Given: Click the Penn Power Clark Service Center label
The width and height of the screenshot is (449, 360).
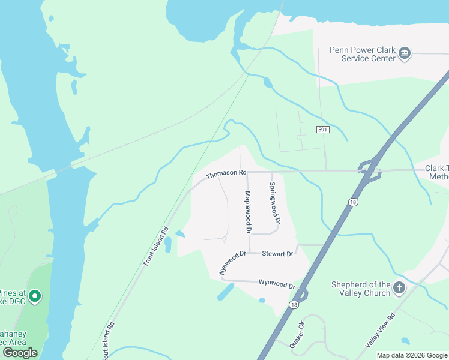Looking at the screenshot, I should [363, 54].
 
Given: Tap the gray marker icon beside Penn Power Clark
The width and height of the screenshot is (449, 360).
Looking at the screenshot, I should [405, 53].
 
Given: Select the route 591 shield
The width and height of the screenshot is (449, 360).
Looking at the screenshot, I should [322, 130].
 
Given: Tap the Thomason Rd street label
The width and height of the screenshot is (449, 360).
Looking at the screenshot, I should [226, 174].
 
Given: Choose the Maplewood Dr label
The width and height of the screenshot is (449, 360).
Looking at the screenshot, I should [247, 212].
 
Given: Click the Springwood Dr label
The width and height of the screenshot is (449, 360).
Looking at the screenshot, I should [273, 202].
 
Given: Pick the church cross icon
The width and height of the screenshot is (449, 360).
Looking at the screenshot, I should [399, 289].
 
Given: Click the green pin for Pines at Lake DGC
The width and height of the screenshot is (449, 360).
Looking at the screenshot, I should [35, 296].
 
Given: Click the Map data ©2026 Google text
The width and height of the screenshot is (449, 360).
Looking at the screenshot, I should [412, 355].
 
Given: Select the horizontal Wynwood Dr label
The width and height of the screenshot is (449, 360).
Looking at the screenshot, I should [277, 283].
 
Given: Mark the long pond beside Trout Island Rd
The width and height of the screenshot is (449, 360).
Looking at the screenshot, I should [167, 244].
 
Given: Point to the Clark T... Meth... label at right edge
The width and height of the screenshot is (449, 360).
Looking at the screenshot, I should [436, 172].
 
